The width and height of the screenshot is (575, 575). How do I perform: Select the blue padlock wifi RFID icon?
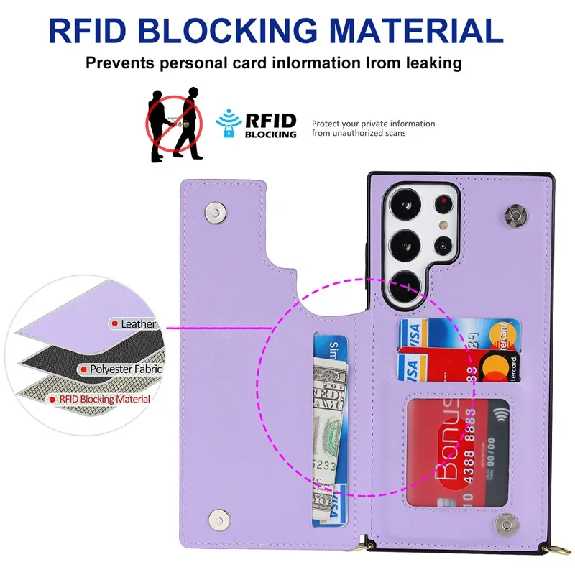point(229,124)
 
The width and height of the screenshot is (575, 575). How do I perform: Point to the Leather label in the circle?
point(138,324)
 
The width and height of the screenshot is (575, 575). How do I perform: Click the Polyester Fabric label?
point(125,369)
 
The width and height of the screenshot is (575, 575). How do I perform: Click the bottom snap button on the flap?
point(216,518)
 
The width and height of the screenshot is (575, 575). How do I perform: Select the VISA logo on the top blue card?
point(410,332)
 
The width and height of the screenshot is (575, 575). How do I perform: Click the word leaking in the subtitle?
point(424,63)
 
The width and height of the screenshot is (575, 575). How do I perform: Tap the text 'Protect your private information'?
point(373,124)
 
